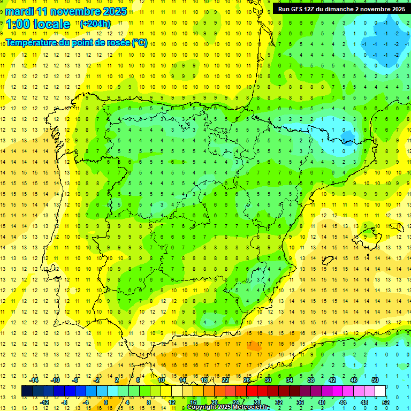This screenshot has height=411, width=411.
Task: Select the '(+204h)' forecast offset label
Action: (95, 24)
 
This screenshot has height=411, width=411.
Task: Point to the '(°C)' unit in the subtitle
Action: (139, 43)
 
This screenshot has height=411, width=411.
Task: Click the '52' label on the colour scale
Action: (386, 402)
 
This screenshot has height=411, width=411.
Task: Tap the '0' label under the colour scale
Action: (105, 402)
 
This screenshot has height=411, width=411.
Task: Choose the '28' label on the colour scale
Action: (257, 402)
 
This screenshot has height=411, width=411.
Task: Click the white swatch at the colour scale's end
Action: (380, 391)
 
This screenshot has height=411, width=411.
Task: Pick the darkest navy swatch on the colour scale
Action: (27, 391)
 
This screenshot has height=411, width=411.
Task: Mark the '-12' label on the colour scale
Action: (45, 402)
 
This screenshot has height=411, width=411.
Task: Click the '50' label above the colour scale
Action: (375, 379)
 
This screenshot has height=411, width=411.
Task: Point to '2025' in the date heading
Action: (114, 11)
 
